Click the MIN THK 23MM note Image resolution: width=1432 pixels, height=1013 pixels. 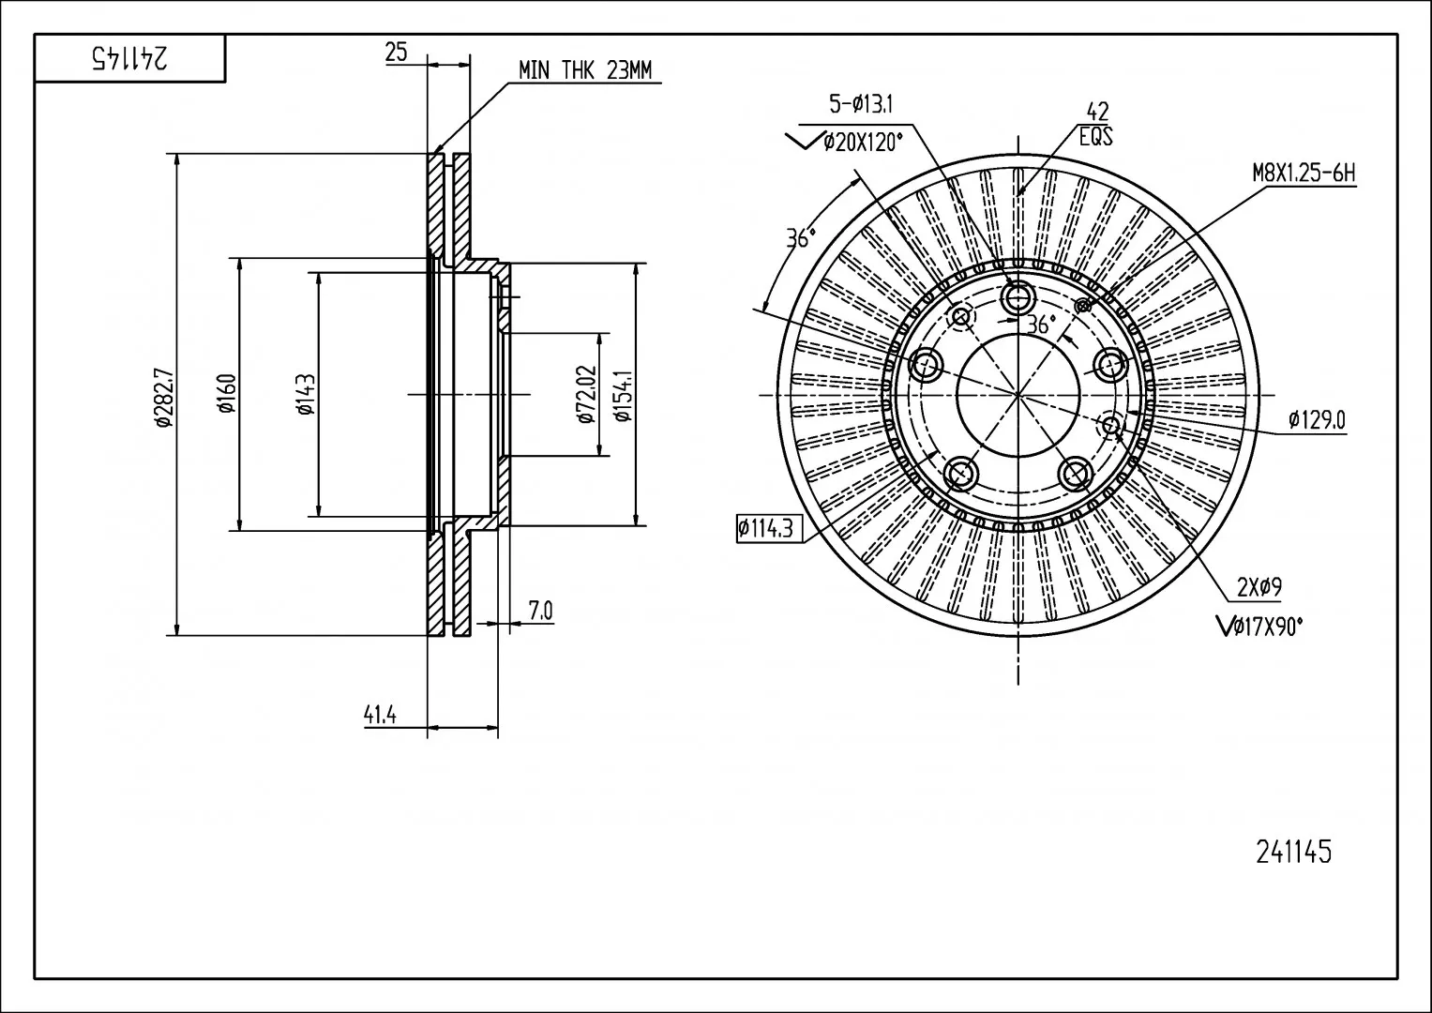click(585, 70)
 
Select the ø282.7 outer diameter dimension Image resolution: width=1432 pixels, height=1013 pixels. click(164, 397)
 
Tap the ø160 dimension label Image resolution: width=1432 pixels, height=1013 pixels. click(228, 393)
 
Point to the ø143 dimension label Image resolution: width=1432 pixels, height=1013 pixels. click(306, 394)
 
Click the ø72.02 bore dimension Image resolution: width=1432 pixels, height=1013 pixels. click(586, 394)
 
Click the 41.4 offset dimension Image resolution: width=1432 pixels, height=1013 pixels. click(380, 715)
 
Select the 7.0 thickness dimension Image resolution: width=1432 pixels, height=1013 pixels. click(540, 611)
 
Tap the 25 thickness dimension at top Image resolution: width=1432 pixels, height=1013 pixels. click(397, 52)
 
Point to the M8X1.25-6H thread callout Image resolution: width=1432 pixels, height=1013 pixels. click(1304, 174)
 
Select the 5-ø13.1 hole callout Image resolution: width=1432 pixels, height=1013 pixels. click(861, 103)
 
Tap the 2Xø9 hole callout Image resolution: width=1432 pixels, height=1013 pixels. click(1259, 587)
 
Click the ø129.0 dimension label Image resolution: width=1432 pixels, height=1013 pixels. click(1317, 420)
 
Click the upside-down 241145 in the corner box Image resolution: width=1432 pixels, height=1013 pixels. click(129, 57)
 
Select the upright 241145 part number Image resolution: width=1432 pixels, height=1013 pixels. click(1294, 852)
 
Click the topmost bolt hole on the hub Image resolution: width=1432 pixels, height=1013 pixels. click(1017, 296)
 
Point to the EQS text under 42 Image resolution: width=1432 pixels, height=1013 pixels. click(1095, 137)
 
